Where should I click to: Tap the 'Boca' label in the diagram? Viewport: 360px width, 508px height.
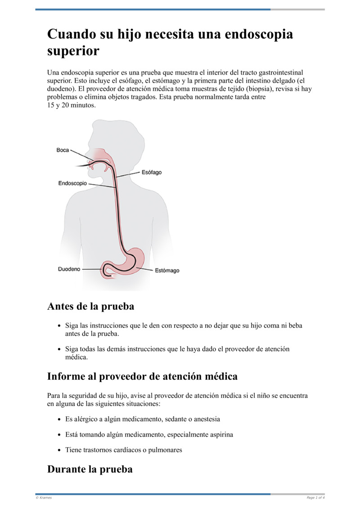[x=63, y=150]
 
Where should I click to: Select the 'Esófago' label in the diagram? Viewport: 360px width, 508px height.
[x=152, y=172]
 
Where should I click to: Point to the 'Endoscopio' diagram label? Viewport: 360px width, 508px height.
[x=72, y=183]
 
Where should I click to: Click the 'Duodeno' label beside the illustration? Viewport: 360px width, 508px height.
[x=69, y=269]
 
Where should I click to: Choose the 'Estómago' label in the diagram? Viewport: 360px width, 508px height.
[x=167, y=271]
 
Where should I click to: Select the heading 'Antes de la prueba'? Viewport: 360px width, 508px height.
[x=90, y=307]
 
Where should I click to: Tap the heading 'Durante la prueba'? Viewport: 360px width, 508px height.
[x=90, y=469]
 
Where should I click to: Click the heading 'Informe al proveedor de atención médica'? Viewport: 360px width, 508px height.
[x=142, y=376]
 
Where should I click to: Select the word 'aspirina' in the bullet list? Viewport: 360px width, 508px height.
[x=219, y=435]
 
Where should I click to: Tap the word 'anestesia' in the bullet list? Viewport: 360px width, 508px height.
[x=205, y=419]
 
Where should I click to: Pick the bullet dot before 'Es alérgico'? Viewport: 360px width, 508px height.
[x=59, y=419]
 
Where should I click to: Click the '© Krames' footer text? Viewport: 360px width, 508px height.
[x=44, y=498]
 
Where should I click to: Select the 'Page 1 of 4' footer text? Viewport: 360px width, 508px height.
[x=315, y=498]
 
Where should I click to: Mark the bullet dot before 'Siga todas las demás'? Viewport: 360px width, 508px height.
[x=59, y=349]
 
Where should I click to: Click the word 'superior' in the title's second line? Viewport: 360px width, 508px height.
[x=73, y=51]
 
